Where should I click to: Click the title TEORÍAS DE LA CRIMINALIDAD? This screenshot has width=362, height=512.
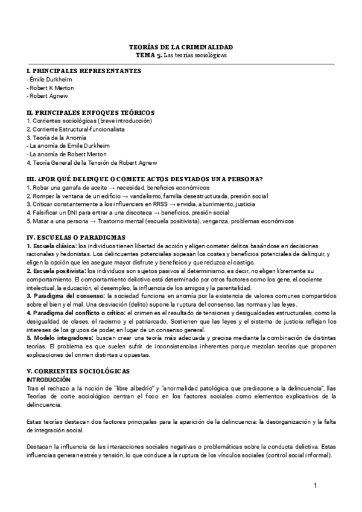pyautogui.click(x=181, y=46)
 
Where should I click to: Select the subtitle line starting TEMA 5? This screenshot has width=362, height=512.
pyautogui.click(x=181, y=54)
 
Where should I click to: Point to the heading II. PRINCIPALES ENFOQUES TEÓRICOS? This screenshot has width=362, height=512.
pyautogui.click(x=91, y=112)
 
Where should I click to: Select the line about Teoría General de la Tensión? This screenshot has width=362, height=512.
pyautogui.click(x=92, y=162)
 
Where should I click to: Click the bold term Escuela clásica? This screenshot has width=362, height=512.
pyautogui.click(x=52, y=246)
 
